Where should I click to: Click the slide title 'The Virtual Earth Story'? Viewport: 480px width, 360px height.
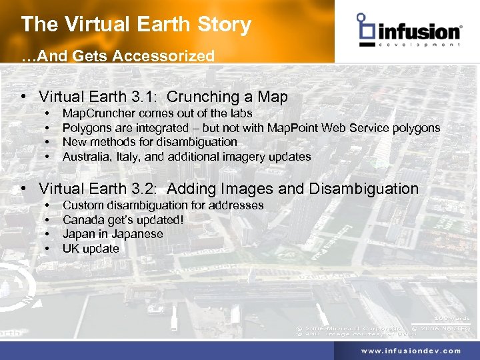click(136, 25)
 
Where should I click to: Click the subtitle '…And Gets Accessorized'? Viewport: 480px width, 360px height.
click(118, 56)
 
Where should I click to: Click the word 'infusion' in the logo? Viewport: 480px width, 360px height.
click(419, 31)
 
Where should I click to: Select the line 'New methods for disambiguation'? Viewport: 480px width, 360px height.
click(149, 142)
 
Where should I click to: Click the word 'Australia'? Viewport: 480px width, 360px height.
click(86, 157)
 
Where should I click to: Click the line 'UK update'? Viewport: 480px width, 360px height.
click(91, 249)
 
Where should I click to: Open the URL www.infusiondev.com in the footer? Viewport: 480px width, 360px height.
click(411, 351)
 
